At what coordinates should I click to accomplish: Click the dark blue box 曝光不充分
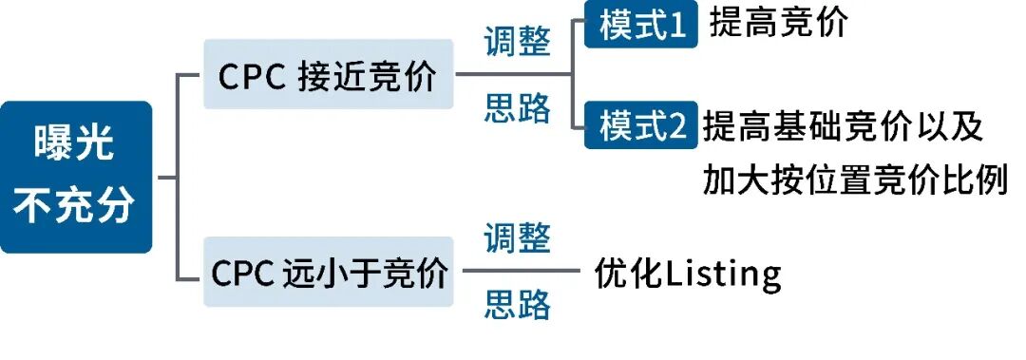tap(76, 177)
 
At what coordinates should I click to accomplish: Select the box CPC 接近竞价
tap(329, 74)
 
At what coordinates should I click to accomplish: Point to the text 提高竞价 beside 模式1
tap(778, 23)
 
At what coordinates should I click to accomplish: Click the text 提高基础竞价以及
tap(844, 126)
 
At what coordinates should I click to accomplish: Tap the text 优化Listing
tap(688, 274)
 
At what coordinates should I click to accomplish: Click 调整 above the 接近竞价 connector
tap(517, 41)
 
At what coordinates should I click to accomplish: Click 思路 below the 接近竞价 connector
tap(517, 108)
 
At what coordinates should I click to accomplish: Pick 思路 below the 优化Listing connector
tap(517, 305)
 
